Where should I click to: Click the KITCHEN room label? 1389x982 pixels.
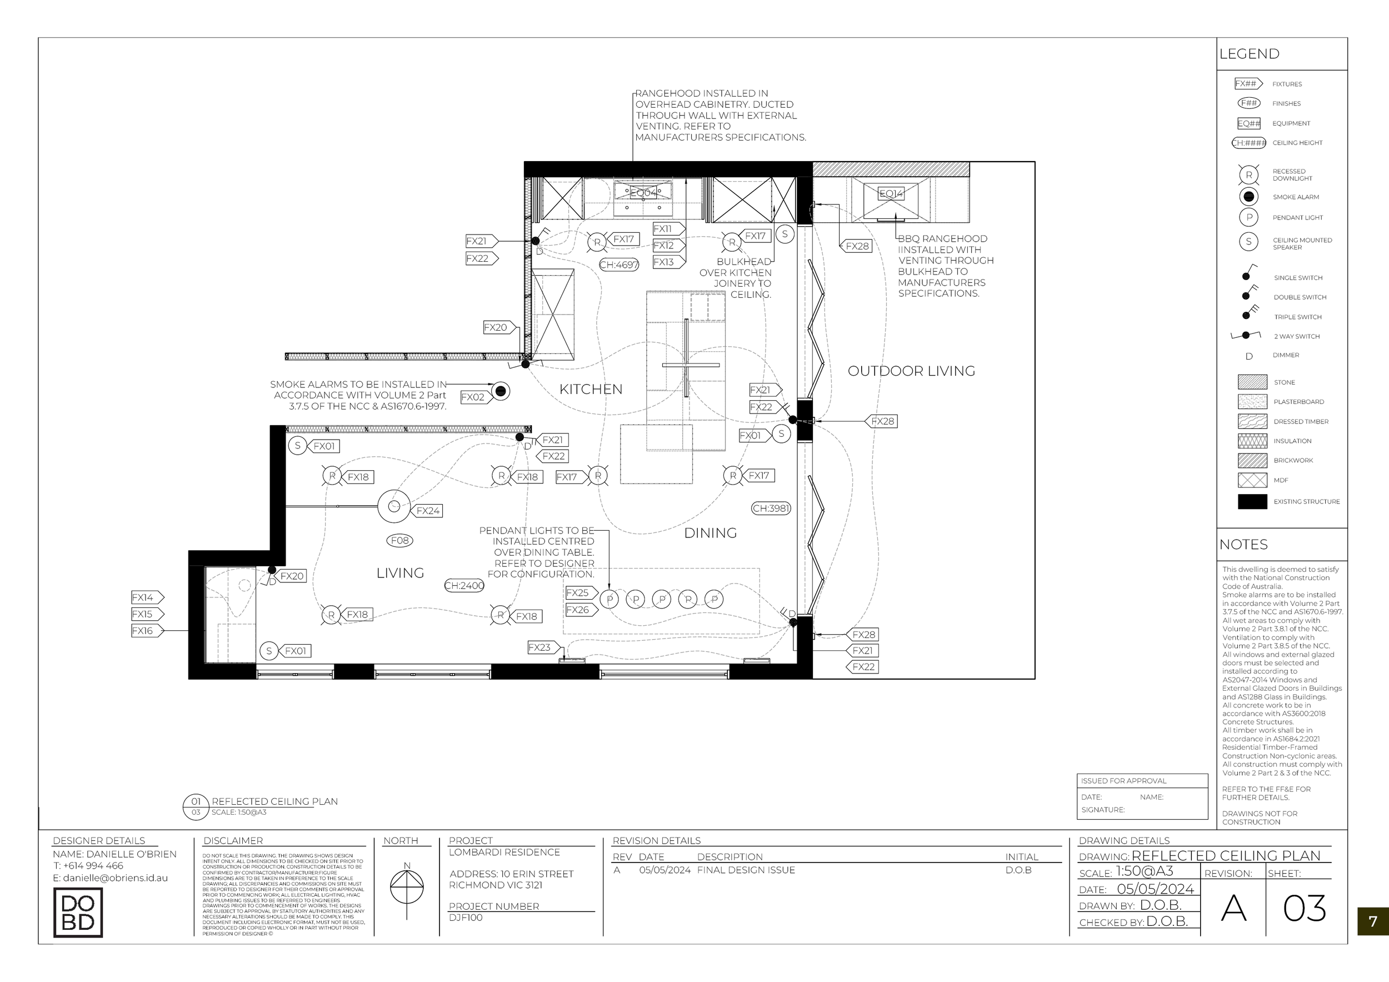[x=591, y=389]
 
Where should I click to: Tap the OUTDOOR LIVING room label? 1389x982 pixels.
[x=911, y=371]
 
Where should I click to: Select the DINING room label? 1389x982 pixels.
[x=710, y=533]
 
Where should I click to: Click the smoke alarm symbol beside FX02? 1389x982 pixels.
[x=500, y=391]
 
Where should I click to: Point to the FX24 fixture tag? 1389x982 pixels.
[x=428, y=511]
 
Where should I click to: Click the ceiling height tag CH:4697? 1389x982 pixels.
[x=618, y=265]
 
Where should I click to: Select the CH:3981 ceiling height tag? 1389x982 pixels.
[x=771, y=509]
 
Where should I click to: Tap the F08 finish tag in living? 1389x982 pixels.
[x=399, y=540]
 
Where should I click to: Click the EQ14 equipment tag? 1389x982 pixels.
[x=891, y=193]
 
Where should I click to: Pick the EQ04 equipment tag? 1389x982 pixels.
[x=642, y=193]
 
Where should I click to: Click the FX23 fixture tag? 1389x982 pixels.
[x=540, y=647]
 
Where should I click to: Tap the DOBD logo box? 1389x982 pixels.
[x=78, y=913]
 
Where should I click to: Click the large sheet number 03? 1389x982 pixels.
[x=1305, y=908]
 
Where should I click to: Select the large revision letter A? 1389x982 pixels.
[x=1233, y=908]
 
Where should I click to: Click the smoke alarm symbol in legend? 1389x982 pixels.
[x=1248, y=197]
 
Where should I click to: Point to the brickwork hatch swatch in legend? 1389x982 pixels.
[x=1252, y=461]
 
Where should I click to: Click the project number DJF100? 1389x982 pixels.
[x=466, y=918]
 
